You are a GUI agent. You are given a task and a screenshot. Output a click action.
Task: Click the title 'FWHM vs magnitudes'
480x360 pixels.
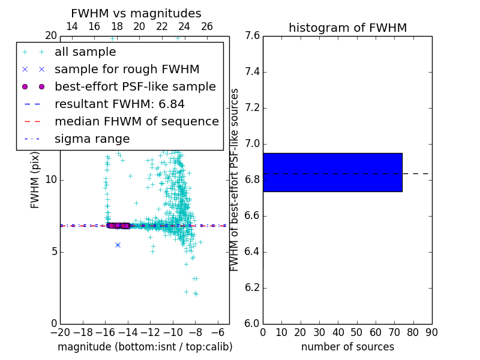pyautogui.click(x=136, y=13)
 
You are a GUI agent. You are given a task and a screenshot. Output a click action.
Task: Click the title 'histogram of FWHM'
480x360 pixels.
pyautogui.click(x=347, y=28)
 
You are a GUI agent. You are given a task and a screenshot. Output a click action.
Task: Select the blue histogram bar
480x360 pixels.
pyautogui.click(x=332, y=172)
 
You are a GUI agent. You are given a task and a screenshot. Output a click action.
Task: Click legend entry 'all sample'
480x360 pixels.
pyautogui.click(x=85, y=52)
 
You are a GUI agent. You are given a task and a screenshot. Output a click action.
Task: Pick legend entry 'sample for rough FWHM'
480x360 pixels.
pyautogui.click(x=127, y=69)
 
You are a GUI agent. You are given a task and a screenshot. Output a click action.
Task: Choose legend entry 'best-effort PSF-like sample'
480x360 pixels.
pyautogui.click(x=135, y=86)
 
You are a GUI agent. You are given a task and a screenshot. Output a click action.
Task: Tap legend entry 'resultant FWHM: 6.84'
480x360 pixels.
pyautogui.click(x=119, y=104)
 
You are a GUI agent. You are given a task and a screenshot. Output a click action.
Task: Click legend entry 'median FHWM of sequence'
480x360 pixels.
pyautogui.click(x=136, y=121)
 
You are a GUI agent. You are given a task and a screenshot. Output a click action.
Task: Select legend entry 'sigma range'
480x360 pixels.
pyautogui.click(x=92, y=139)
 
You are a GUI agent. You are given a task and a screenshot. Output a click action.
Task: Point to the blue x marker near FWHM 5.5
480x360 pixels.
pyautogui.click(x=118, y=245)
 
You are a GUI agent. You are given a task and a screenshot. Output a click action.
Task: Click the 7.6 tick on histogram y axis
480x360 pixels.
pyautogui.click(x=252, y=36)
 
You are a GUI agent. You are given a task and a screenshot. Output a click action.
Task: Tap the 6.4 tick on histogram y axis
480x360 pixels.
pyautogui.click(x=252, y=252)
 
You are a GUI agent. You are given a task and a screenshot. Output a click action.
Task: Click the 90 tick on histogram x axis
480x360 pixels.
pyautogui.click(x=431, y=332)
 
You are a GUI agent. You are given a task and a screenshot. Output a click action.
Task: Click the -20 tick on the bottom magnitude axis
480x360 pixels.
pyautogui.click(x=60, y=332)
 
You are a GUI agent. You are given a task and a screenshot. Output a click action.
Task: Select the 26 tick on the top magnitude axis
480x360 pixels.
pyautogui.click(x=207, y=26)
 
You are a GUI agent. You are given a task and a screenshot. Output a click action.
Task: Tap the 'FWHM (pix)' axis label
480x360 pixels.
pyautogui.click(x=35, y=180)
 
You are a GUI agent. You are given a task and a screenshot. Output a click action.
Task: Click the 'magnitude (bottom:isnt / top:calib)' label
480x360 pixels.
pyautogui.click(x=145, y=347)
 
